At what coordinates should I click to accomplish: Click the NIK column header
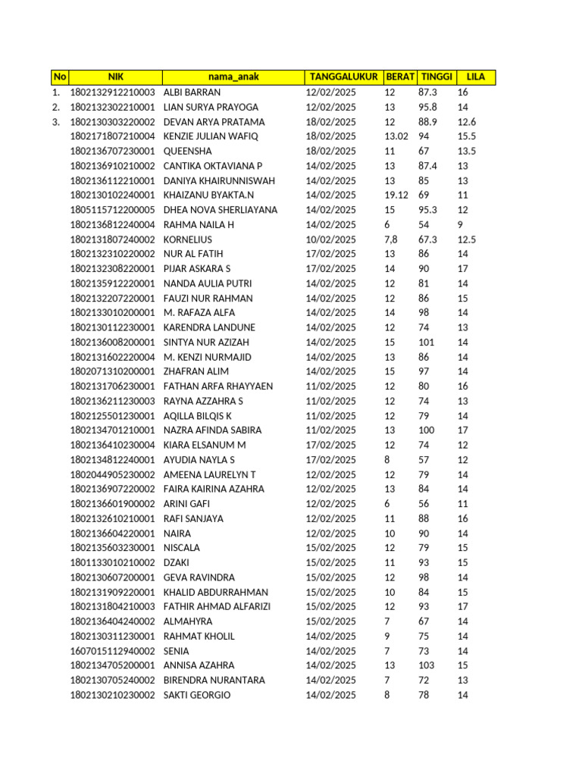[115, 77]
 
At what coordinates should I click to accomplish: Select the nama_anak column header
[233, 77]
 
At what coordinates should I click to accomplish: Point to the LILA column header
[476, 77]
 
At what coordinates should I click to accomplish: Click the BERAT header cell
[400, 77]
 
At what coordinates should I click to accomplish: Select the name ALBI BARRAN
[192, 92]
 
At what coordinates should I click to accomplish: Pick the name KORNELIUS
[189, 239]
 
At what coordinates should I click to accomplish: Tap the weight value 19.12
[396, 196]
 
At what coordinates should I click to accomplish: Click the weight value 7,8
[391, 239]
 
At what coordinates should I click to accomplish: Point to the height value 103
[427, 665]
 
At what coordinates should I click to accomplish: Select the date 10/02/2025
[330, 239]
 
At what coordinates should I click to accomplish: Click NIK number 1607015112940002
[113, 651]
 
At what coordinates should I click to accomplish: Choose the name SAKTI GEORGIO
[197, 695]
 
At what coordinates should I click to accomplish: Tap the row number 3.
[55, 122]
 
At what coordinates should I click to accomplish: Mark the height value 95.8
[428, 107]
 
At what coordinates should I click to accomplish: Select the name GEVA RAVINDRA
[199, 577]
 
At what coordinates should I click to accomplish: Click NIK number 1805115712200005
[113, 210]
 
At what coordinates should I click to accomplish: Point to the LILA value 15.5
[467, 136]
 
